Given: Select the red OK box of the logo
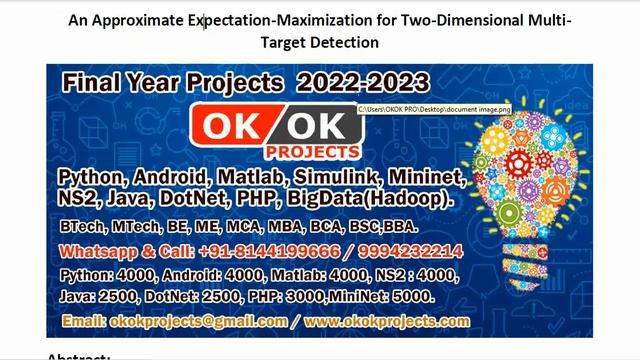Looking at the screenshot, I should tap(230, 126).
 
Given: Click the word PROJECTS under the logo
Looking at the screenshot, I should tap(311, 152).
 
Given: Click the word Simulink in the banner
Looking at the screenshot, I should tap(332, 178).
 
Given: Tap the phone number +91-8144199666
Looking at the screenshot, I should tap(254, 251).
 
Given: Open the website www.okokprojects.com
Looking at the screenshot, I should tap(387, 321).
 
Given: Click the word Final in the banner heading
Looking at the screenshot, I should tap(91, 82).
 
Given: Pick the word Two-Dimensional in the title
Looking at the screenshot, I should tap(454, 20).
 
